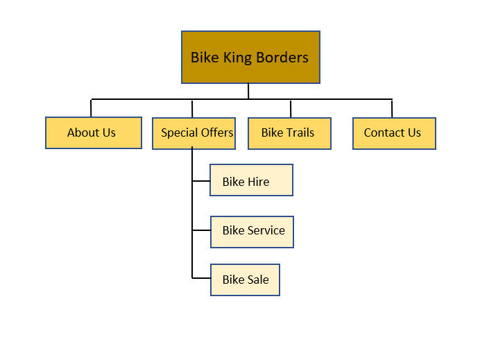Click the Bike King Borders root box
point(250,57)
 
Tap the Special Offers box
point(194,132)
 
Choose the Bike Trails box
point(289,132)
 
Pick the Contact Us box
point(394,132)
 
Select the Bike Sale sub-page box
point(245,280)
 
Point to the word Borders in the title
point(282,58)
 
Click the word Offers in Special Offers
point(216,132)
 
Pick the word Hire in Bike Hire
point(257,182)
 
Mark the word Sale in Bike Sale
point(257,280)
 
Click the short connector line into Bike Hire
point(201,182)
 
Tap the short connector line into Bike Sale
point(201,278)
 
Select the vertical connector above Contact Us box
point(392,108)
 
